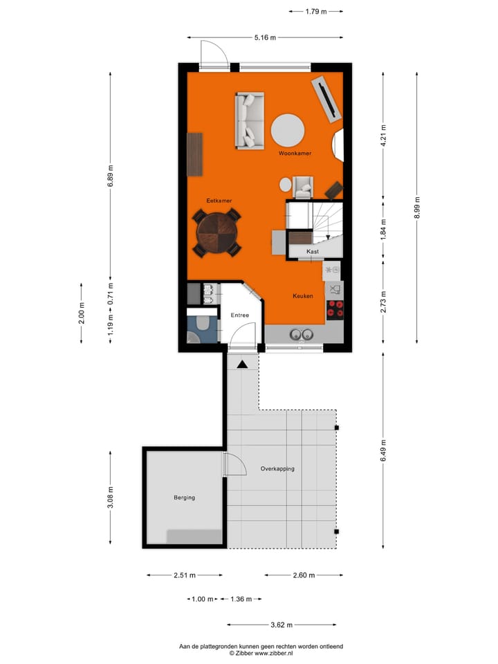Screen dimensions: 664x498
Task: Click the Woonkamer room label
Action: pos(295,153)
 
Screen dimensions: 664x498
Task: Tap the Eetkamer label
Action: pos(219,201)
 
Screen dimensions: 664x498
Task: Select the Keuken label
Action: pos(303,296)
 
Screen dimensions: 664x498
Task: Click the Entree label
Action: pos(240,315)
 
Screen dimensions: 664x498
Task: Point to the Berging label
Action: pos(184,497)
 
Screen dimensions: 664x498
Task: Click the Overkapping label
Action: pos(277,468)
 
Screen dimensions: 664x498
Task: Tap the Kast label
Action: pos(313,252)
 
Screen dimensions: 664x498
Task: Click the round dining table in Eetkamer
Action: pos(217,234)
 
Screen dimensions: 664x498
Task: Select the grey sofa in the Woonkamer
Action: pos(249,120)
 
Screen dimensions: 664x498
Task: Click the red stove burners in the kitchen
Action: pos(335,308)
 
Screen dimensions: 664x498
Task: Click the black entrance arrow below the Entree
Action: pos(242,364)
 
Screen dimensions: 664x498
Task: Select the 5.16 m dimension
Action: pos(265,37)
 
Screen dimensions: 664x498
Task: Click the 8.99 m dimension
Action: pos(416,207)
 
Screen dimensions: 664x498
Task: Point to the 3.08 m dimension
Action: pos(110,497)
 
